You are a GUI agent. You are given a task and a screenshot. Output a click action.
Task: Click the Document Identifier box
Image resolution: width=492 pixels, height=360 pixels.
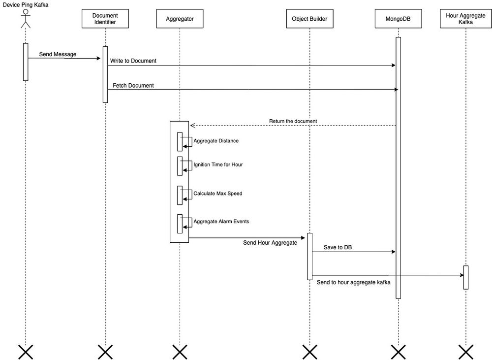tap(105, 19)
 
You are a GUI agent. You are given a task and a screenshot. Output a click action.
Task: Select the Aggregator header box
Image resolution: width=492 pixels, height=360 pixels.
tap(180, 19)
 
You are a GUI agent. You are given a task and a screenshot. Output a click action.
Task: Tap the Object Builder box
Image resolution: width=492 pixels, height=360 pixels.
tap(310, 19)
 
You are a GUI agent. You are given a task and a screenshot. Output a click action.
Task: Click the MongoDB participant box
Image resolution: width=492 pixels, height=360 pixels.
tap(398, 19)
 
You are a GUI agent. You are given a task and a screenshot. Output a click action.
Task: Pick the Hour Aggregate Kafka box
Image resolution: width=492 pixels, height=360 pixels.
tap(465, 19)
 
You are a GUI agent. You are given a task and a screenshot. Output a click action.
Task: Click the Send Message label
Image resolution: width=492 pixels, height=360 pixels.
tap(58, 54)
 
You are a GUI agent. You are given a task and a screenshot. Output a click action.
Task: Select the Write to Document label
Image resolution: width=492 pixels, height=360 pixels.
tap(133, 61)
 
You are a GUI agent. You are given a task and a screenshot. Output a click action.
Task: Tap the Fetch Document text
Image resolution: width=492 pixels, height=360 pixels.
tap(133, 85)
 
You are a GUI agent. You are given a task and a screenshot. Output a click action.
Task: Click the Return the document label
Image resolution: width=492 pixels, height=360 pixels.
tap(293, 121)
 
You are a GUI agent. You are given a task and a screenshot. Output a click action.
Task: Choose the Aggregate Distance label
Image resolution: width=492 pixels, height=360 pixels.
tap(216, 141)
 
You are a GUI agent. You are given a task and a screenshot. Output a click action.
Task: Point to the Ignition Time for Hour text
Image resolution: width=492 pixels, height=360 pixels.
tap(218, 164)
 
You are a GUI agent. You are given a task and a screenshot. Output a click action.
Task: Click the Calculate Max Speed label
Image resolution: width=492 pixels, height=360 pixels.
tap(218, 193)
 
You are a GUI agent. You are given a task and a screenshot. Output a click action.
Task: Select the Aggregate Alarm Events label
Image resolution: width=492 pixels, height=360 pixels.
tap(221, 221)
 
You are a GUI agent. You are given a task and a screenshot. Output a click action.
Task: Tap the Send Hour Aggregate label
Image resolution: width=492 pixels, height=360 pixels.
tap(270, 243)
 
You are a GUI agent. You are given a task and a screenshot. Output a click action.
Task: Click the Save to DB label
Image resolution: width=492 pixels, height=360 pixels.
tap(338, 247)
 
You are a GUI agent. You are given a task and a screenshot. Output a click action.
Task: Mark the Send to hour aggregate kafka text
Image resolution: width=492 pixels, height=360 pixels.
tap(354, 282)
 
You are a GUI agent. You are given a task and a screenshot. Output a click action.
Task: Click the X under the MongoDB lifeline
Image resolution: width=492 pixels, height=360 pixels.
tap(398, 351)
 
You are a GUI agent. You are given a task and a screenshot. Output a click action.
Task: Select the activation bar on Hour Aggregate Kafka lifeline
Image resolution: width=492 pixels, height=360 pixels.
tap(465, 277)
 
